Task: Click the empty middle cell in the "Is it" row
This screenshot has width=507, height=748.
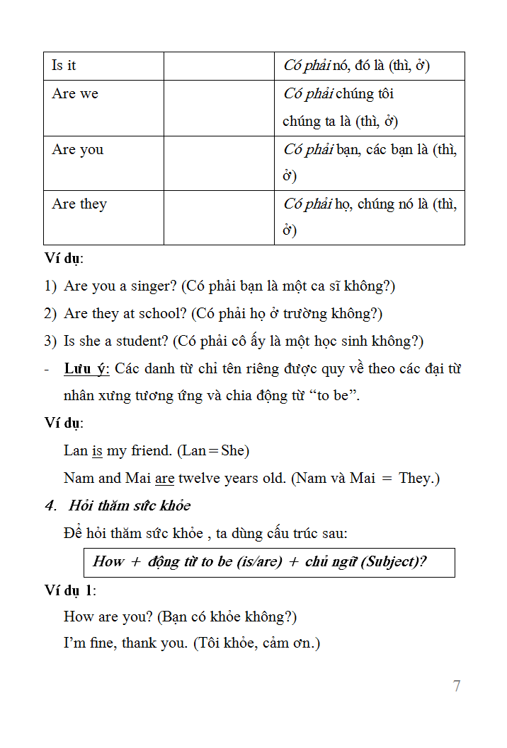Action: pos(219,66)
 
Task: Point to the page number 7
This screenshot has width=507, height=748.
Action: pos(457,686)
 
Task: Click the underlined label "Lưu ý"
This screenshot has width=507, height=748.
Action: pos(86,368)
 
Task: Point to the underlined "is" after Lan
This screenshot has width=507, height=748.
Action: pos(98,450)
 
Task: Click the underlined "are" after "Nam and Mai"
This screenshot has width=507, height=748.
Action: pos(165,479)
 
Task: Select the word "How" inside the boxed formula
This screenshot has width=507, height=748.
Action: pos(108,561)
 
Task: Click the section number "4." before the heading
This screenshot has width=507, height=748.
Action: pos(50,506)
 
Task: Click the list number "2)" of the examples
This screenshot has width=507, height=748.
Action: pos(50,313)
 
